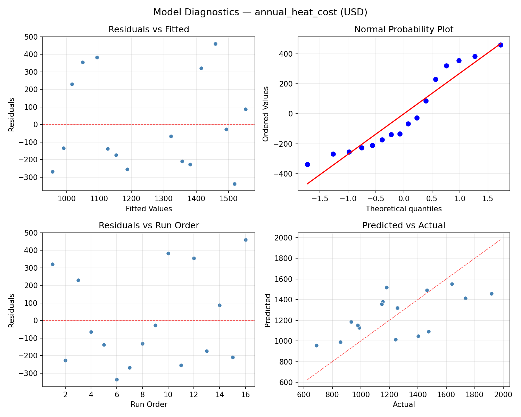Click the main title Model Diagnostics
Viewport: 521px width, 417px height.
[x=260, y=12]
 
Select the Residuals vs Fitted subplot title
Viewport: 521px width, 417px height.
[x=149, y=30]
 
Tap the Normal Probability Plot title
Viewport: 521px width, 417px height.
[x=404, y=30]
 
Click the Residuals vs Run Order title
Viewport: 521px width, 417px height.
[x=149, y=226]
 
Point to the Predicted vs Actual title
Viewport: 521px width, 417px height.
[x=404, y=226]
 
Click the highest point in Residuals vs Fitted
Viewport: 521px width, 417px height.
[x=215, y=44]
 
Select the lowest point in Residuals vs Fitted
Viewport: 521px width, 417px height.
[x=234, y=184]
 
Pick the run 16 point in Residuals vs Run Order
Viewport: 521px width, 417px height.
[x=246, y=240]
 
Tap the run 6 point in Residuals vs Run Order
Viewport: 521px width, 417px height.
[x=117, y=379]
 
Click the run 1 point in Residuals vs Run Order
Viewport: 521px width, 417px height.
[x=52, y=264]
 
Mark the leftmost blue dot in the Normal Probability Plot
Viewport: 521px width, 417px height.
[x=307, y=164]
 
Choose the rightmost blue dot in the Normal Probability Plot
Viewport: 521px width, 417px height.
[x=501, y=45]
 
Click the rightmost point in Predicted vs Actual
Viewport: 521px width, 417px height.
[x=491, y=294]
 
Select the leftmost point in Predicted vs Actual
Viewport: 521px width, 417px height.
[x=316, y=345]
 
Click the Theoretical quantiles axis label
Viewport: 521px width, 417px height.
[x=404, y=209]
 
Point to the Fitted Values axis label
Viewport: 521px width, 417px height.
[x=149, y=209]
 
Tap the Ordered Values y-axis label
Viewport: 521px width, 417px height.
[x=266, y=114]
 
